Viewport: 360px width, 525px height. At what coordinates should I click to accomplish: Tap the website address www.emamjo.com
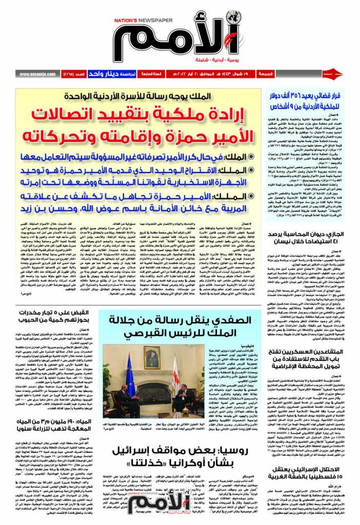[x=38, y=74]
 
